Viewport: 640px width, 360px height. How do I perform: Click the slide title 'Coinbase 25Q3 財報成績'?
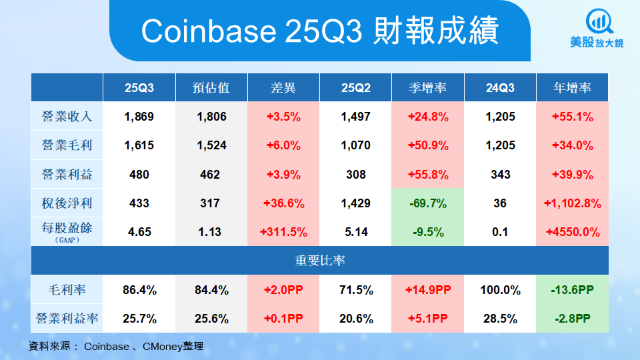(319, 31)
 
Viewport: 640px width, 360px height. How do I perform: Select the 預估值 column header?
(211, 88)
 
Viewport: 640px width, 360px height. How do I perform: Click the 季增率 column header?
(427, 88)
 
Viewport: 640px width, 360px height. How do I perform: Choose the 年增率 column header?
(572, 88)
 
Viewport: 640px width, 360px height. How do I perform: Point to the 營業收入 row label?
(67, 117)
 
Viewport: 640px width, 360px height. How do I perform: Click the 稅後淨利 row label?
(67, 203)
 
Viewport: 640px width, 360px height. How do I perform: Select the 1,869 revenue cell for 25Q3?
(139, 117)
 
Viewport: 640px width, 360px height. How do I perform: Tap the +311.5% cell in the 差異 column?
(283, 232)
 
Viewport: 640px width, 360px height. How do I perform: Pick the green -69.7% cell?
(427, 203)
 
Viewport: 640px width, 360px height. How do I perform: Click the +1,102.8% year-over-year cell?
(572, 203)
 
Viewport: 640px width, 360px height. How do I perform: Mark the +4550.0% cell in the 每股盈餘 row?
(572, 232)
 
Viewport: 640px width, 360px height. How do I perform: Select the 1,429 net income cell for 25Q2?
(355, 203)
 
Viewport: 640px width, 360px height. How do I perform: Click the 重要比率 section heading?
(320, 261)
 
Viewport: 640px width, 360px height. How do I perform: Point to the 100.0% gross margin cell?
(500, 290)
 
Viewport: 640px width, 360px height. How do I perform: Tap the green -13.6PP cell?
(572, 290)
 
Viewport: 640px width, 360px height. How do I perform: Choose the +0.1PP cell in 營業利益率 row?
(283, 319)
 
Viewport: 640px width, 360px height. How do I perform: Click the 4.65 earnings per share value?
(139, 232)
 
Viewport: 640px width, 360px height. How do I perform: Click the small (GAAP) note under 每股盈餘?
(67, 240)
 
